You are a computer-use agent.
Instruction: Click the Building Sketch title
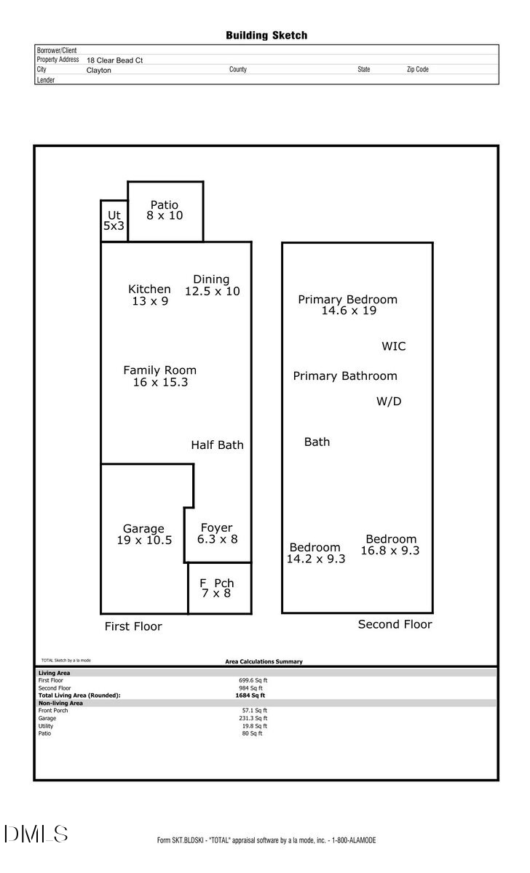click(x=266, y=35)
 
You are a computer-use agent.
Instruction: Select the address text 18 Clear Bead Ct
click(x=114, y=60)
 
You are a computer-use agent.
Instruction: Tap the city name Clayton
click(x=99, y=70)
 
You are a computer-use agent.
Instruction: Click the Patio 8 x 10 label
click(x=165, y=210)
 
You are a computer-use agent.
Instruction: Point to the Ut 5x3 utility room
click(x=114, y=220)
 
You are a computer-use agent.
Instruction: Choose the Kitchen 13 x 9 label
click(x=149, y=295)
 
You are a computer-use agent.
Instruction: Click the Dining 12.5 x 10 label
click(x=212, y=285)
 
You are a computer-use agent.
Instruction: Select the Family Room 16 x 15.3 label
click(x=159, y=376)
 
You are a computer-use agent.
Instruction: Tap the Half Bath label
click(x=217, y=445)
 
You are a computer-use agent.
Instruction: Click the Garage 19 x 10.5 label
click(x=143, y=534)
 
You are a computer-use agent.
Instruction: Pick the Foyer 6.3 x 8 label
click(x=217, y=533)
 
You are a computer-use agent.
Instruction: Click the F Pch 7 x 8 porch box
click(x=217, y=588)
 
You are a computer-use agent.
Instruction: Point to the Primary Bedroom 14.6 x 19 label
click(x=348, y=305)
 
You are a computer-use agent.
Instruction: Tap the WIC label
click(x=394, y=346)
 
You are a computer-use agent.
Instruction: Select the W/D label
click(x=389, y=401)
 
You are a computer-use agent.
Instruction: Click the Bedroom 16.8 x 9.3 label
click(x=391, y=545)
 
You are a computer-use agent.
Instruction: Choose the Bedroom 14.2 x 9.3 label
click(x=315, y=553)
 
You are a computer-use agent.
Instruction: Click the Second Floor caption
click(x=395, y=624)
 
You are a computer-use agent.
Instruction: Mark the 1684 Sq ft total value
click(x=245, y=695)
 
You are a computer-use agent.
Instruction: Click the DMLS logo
click(x=36, y=834)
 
